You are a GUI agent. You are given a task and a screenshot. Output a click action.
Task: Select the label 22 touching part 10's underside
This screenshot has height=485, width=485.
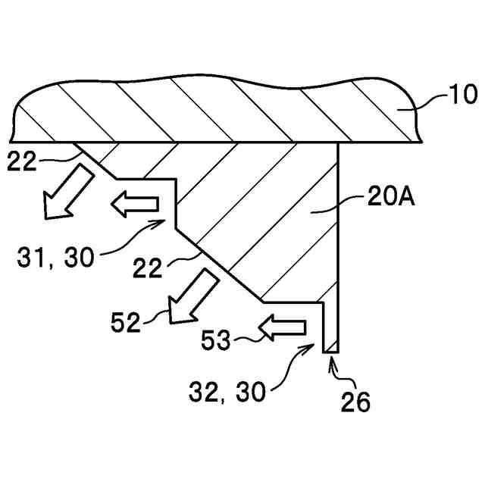21,160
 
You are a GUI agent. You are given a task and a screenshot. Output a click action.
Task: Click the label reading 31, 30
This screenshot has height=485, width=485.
55,258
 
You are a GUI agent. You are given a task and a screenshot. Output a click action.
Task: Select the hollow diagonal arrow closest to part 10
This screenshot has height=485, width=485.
67,194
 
